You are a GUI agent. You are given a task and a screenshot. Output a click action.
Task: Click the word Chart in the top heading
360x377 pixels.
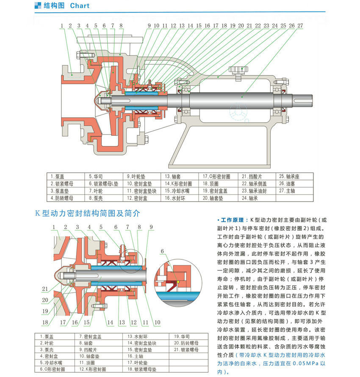click(x=80, y=6)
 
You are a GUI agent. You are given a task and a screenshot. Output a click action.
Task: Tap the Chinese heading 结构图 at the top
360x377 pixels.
click(x=55, y=6)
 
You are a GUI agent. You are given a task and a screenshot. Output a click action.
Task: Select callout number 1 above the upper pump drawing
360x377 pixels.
click(x=62, y=26)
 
